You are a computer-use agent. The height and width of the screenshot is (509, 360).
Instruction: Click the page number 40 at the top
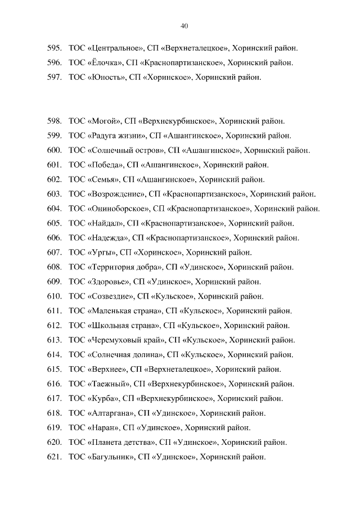pos(184,26)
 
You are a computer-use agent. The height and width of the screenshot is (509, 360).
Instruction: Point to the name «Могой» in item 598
pos(103,121)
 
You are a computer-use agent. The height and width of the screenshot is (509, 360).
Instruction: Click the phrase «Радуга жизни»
pos(117,136)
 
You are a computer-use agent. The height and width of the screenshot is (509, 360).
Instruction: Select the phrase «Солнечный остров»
pos(125,150)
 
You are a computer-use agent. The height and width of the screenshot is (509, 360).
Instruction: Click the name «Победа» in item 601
pos(105,165)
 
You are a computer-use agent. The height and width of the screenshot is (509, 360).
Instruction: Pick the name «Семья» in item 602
pos(103,179)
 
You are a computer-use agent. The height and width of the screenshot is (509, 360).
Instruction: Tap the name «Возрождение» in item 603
pos(116,194)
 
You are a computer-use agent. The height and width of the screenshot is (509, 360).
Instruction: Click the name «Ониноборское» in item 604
pos(118,209)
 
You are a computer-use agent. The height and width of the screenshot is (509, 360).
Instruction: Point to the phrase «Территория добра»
pos(125,267)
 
